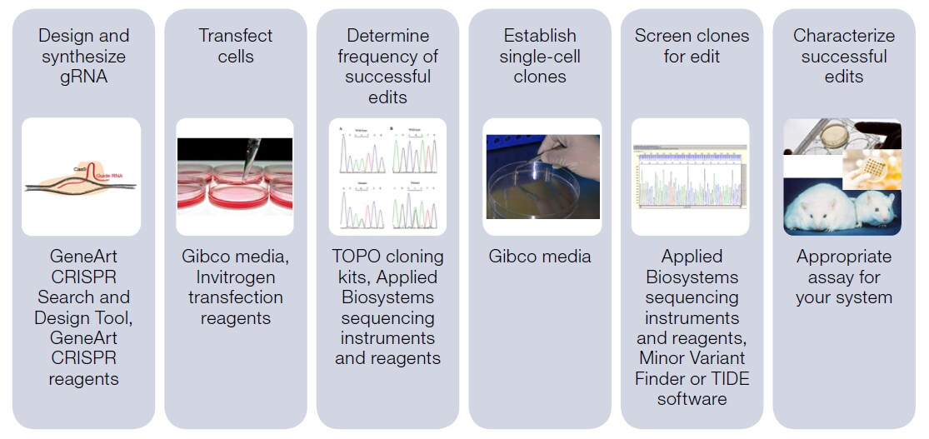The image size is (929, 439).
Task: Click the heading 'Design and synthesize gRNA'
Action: pos(83,56)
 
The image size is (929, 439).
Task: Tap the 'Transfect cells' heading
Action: pos(236,46)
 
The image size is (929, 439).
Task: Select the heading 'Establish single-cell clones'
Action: pos(540,56)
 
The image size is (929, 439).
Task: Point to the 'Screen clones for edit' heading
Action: pos(692,46)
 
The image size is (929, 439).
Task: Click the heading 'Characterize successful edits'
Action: pos(844,56)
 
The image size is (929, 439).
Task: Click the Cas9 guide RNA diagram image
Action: pos(81,176)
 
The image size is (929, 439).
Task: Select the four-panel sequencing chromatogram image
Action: pos(387,176)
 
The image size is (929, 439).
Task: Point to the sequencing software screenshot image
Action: pos(690,176)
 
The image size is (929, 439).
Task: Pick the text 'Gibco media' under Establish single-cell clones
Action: pos(540,257)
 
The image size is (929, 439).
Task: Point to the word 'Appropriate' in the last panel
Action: pos(844,257)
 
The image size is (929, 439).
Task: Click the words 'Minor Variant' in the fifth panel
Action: pos(692,358)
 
